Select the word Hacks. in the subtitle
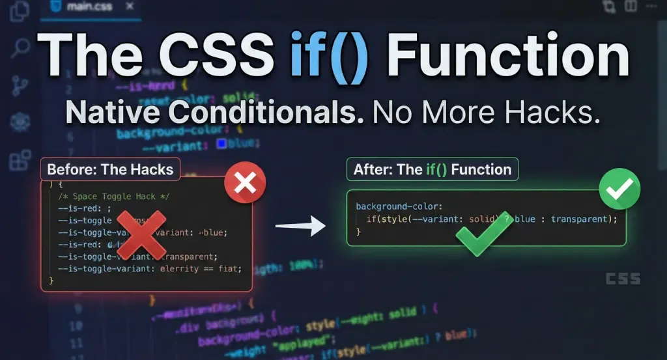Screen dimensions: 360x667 [550, 113]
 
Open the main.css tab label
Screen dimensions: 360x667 [90, 8]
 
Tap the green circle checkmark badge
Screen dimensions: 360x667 [619, 189]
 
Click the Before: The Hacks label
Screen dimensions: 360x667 [110, 170]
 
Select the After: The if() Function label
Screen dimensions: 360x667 [432, 170]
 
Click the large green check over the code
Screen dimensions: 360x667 [484, 233]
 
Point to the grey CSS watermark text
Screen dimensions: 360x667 [623, 279]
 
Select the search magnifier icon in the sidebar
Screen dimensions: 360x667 [20, 48]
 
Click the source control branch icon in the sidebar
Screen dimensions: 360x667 [20, 85]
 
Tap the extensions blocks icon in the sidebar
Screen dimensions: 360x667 [20, 159]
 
